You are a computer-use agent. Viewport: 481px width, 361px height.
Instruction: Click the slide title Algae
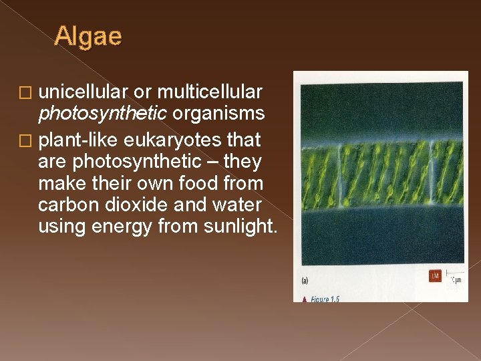point(88,36)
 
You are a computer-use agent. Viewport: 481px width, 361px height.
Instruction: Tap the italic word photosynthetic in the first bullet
point(103,114)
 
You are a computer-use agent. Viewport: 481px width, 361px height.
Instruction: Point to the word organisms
point(218,114)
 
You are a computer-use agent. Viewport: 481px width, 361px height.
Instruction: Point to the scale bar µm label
point(456,280)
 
